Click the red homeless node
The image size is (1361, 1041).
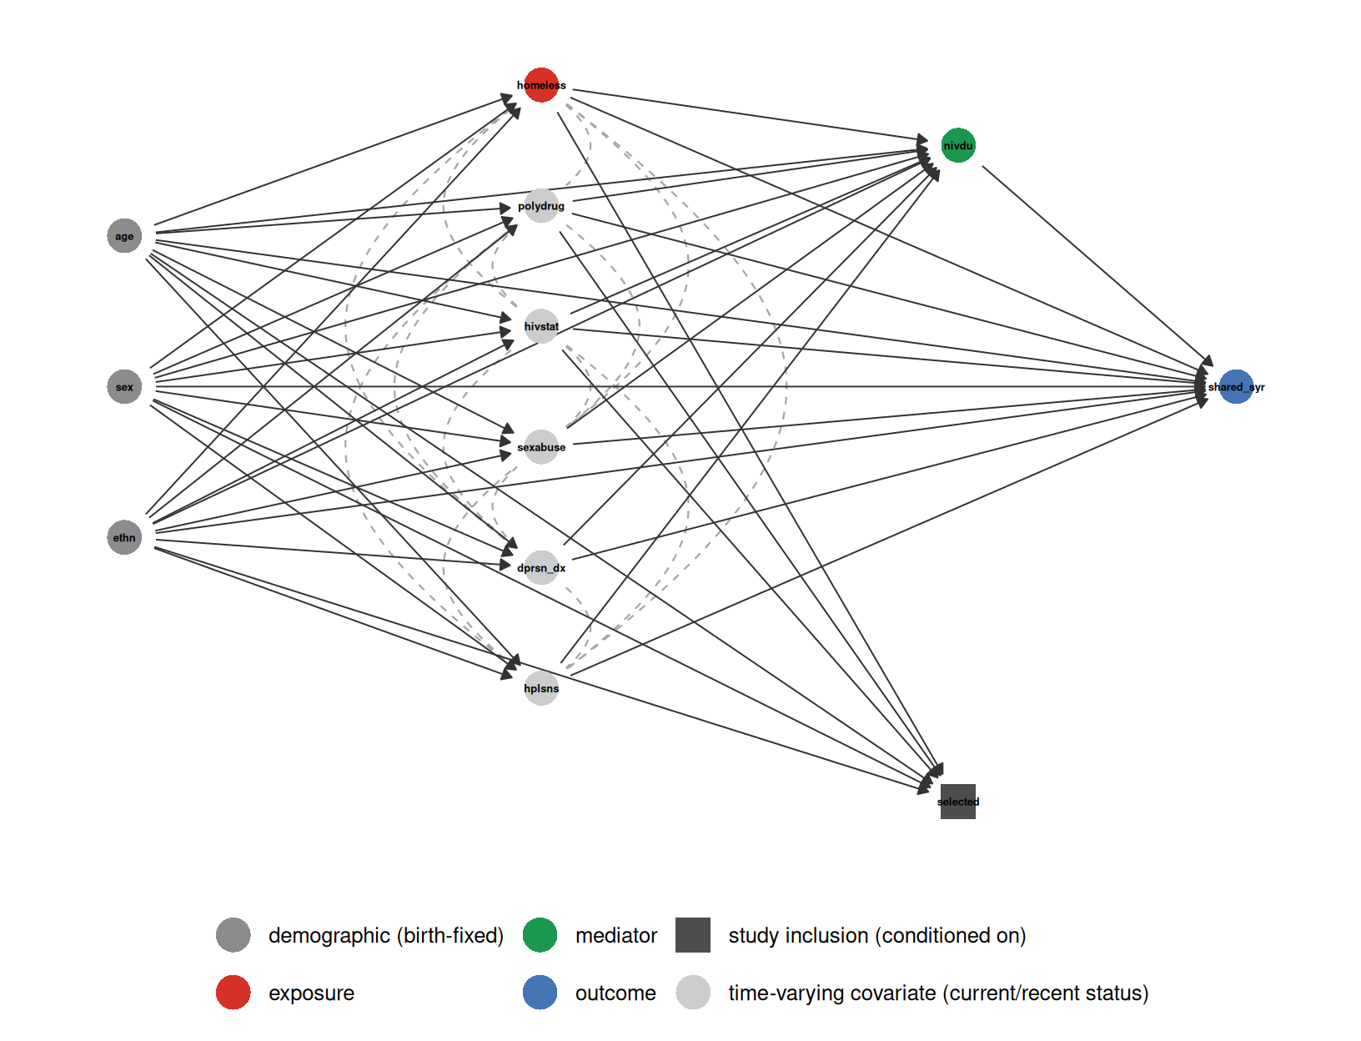[540, 85]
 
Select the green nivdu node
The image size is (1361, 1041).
[957, 145]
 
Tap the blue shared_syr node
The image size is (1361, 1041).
[1235, 386]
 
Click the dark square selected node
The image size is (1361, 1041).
[957, 801]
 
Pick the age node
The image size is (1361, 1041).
[124, 235]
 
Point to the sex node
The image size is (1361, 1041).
[124, 386]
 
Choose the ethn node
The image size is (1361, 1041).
[124, 537]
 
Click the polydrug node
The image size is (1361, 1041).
[540, 205]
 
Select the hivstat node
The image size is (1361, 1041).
[540, 326]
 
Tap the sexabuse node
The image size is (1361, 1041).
[540, 446]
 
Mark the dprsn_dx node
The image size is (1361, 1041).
[540, 567]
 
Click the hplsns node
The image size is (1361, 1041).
[540, 687]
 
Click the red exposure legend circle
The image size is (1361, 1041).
[234, 992]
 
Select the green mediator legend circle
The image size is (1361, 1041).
[540, 934]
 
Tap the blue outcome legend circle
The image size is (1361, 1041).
[540, 992]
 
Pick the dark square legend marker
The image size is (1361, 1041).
[692, 934]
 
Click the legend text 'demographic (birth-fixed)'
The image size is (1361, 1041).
[385, 935]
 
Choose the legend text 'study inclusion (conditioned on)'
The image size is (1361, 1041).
[877, 935]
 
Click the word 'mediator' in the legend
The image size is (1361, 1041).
[615, 935]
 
